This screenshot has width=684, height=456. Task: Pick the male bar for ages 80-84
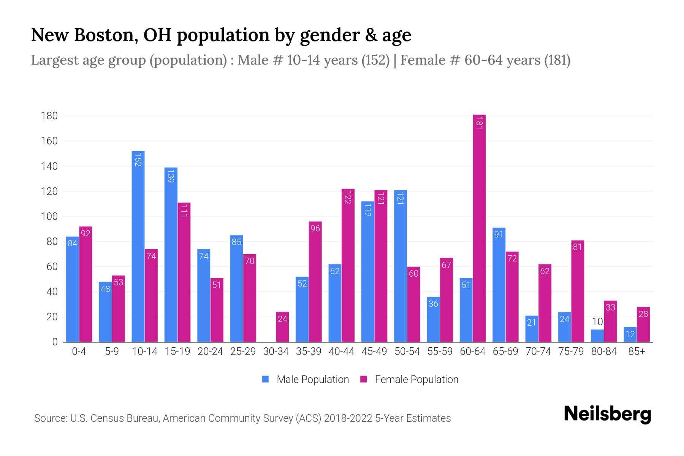tap(597, 336)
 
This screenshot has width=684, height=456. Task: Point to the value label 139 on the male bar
tap(171, 176)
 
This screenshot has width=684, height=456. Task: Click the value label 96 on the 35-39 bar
tap(315, 228)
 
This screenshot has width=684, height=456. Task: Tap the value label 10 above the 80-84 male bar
tap(597, 322)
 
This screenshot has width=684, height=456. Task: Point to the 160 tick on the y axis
tap(49, 141)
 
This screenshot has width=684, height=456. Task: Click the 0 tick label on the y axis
tap(55, 342)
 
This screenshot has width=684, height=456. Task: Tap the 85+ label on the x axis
tap(636, 351)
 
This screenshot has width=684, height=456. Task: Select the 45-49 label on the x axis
tap(374, 351)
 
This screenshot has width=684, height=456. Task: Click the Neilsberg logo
tap(607, 414)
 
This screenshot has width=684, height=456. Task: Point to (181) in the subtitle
tap(557, 60)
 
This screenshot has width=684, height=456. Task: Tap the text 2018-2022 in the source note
tap(348, 418)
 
